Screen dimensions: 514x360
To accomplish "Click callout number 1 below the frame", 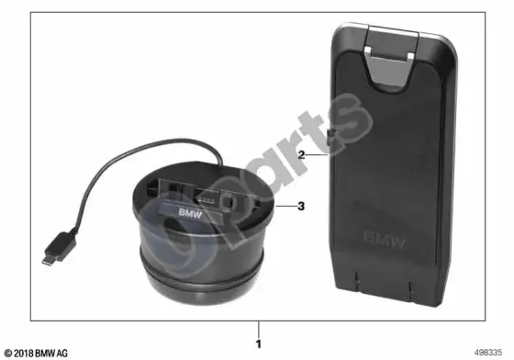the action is (259, 344).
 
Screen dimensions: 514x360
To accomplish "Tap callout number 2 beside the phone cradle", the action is (302, 155).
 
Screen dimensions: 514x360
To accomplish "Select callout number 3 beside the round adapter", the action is (301, 206).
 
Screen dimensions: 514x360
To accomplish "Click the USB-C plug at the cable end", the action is (59, 247).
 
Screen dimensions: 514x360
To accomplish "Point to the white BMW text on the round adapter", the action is (190, 213).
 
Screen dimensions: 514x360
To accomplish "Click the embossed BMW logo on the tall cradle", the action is (385, 240).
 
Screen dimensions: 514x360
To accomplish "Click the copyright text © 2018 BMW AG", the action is (37, 354).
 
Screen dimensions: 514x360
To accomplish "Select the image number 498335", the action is (487, 353).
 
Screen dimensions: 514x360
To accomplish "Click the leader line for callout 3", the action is (285, 207).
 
